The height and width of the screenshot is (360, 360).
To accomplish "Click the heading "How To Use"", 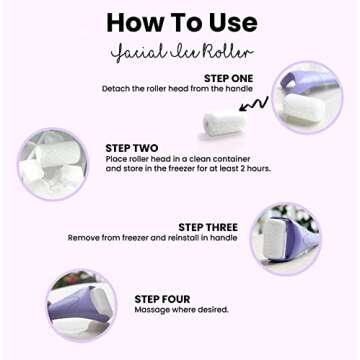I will [x=179, y=21].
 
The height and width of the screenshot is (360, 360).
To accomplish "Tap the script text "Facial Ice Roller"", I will [x=179, y=50].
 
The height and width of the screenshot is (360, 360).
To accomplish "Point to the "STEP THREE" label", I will [x=207, y=227].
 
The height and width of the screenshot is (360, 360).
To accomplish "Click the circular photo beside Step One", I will [x=309, y=98].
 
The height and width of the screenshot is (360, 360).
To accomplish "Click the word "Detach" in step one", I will [x=116, y=88].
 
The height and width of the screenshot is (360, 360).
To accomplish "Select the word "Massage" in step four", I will [x=151, y=311].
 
